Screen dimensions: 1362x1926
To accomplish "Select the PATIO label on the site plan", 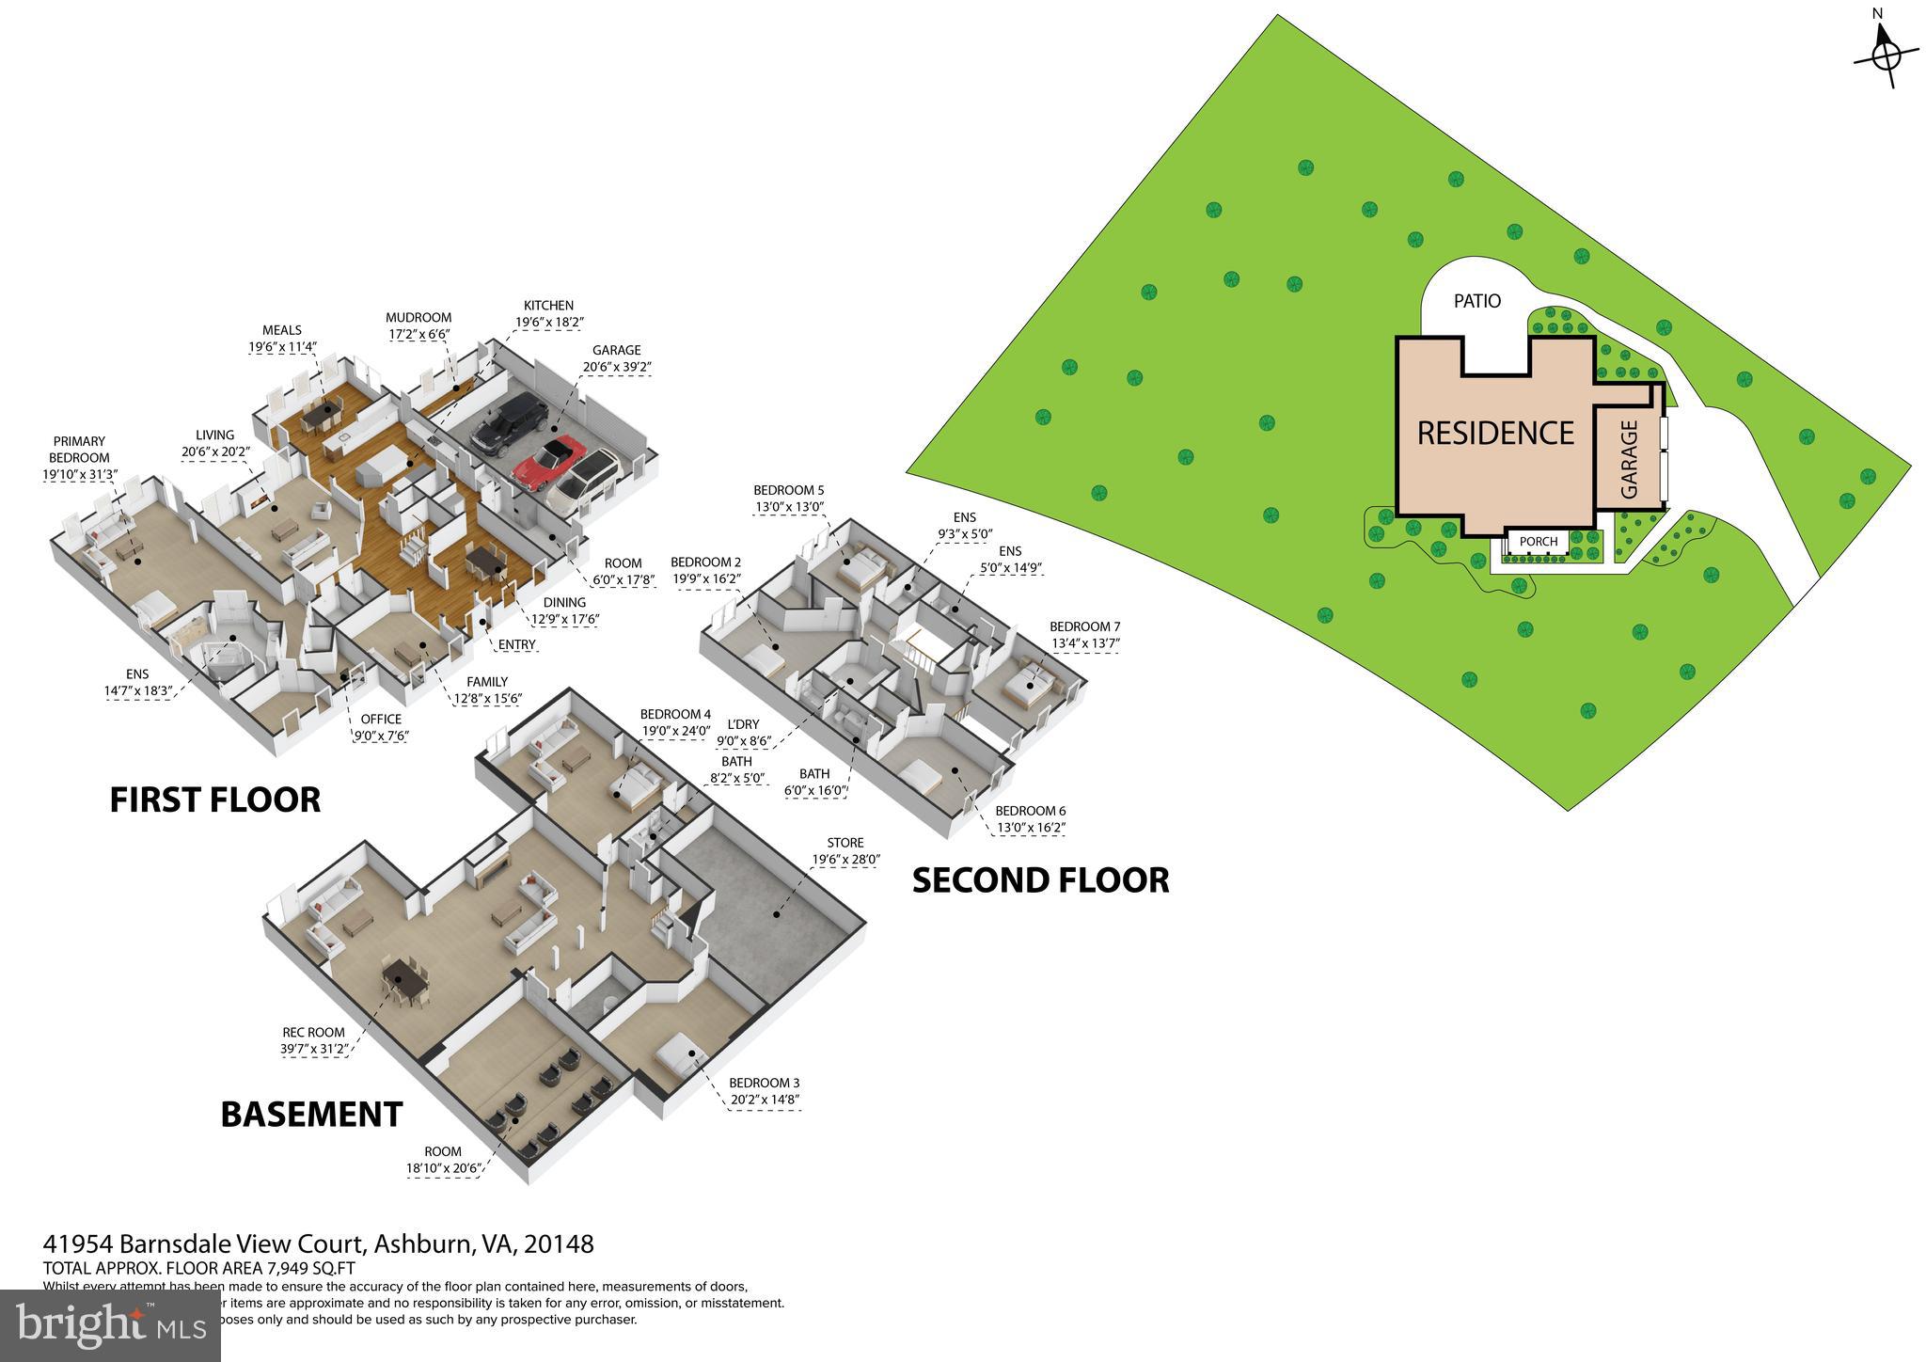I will tap(1477, 301).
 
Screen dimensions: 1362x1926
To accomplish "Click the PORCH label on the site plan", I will tap(1538, 541).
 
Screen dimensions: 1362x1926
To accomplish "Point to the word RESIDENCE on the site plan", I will tap(1494, 433).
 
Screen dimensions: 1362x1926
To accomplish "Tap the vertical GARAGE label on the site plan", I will tap(1629, 459).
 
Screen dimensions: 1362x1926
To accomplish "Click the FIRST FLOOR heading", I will tap(214, 800).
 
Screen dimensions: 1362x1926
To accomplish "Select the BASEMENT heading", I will tap(311, 1114).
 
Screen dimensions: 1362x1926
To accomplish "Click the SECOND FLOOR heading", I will tap(1040, 880).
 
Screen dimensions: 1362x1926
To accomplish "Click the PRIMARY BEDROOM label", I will tap(79, 450).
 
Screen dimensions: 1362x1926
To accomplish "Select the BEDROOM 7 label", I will tap(1084, 626).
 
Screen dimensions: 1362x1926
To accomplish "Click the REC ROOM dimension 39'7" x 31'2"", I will tap(314, 1048).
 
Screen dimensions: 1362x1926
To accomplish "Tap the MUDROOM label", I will tap(418, 318).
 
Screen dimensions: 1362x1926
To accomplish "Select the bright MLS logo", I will tap(110, 1324).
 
